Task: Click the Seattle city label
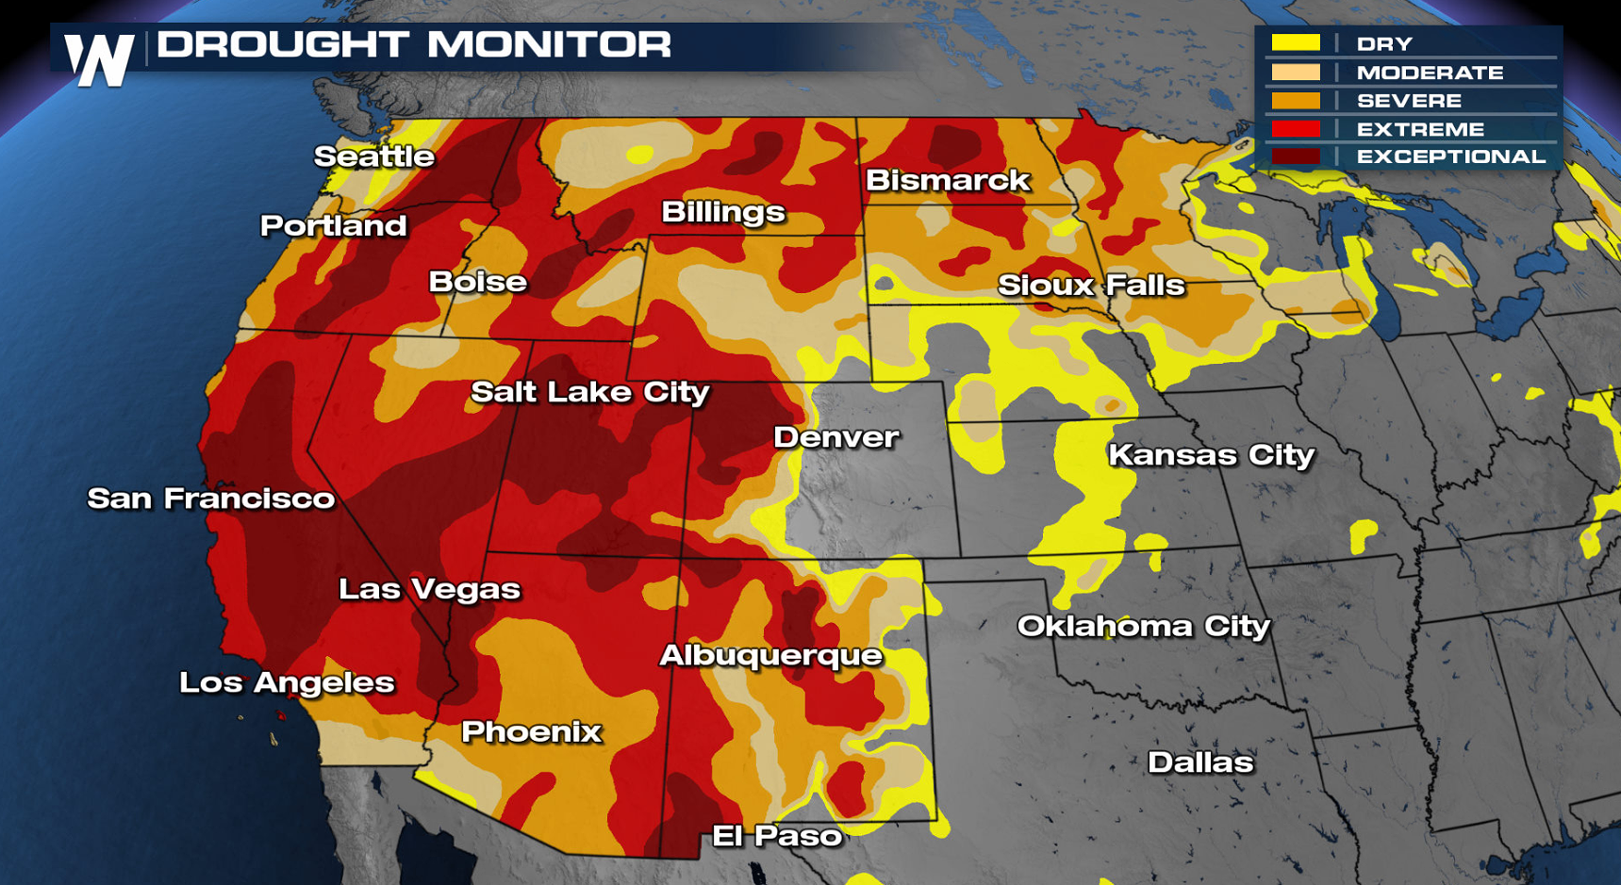click(373, 156)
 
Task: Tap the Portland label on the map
click(333, 226)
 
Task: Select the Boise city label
click(477, 282)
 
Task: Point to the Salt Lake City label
click(589, 392)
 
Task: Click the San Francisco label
click(210, 499)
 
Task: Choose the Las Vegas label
click(429, 590)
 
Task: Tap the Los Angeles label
click(287, 683)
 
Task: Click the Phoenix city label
click(531, 731)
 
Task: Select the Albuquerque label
click(770, 656)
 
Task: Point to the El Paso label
click(776, 836)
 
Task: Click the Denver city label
click(835, 437)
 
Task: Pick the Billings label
click(722, 212)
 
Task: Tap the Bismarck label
click(947, 180)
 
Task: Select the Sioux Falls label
click(1090, 285)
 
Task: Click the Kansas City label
click(1211, 455)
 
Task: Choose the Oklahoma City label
click(1143, 627)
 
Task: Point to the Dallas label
click(1199, 762)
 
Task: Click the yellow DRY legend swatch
click(1295, 43)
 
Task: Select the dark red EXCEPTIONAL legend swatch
click(1295, 156)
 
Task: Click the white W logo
click(99, 59)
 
